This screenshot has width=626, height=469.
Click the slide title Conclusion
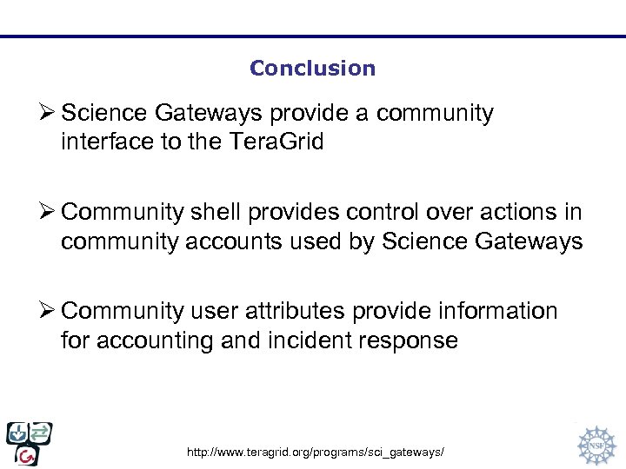(312, 69)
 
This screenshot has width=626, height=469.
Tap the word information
(489, 311)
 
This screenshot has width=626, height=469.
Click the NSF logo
(596, 444)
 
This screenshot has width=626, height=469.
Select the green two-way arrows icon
(41, 432)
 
